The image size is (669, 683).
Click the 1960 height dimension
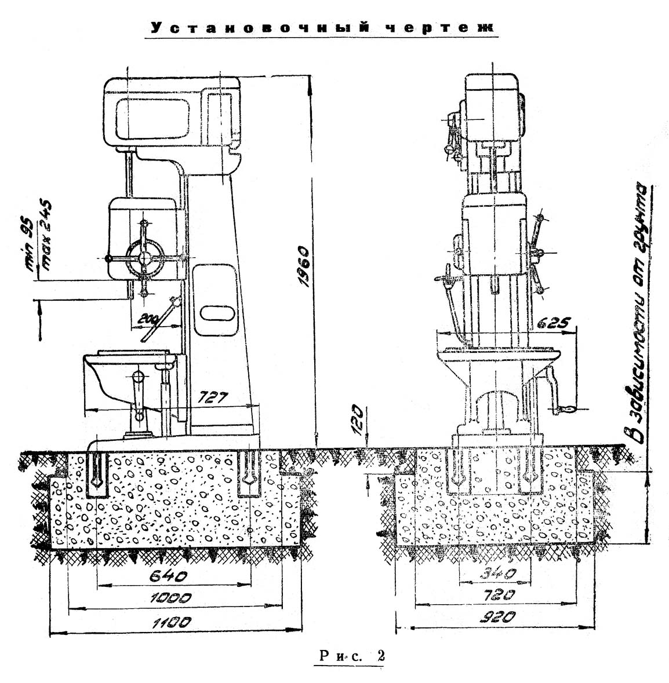tap(303, 271)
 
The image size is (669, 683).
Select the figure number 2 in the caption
tap(380, 657)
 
